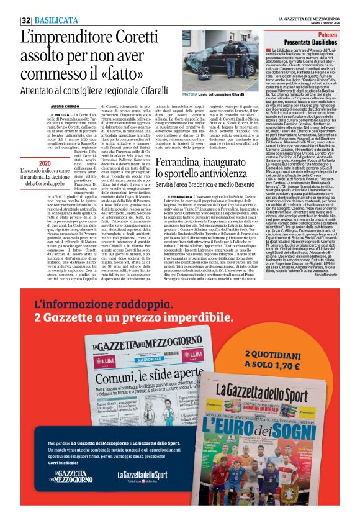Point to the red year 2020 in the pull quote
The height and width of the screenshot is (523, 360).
coord(43,163)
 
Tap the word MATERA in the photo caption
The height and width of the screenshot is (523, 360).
coord(190,94)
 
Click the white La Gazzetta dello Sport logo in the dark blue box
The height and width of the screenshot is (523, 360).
coord(142,493)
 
